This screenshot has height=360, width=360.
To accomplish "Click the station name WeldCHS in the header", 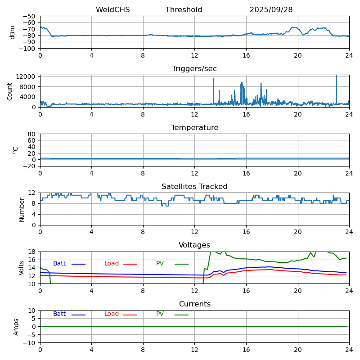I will [112, 10].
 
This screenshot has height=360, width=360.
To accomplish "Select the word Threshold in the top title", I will [184, 10].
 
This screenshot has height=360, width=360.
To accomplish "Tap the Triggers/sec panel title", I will [194, 69].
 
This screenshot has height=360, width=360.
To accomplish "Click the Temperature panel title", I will [194, 128].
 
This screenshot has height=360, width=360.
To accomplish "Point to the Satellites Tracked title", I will [194, 187].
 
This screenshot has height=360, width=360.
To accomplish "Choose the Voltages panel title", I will [194, 245].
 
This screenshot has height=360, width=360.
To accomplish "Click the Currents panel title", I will [194, 304].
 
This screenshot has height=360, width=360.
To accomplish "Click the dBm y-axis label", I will [13, 32].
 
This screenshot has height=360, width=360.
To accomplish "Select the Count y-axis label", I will [10, 91].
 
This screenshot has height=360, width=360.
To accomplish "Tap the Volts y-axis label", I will [22, 268].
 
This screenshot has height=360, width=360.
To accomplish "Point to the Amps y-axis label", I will [16, 327].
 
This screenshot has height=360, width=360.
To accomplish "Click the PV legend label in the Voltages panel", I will [160, 264].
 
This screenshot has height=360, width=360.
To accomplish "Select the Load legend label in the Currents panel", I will [112, 314].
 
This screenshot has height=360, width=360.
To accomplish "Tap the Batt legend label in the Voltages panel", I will [59, 264].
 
